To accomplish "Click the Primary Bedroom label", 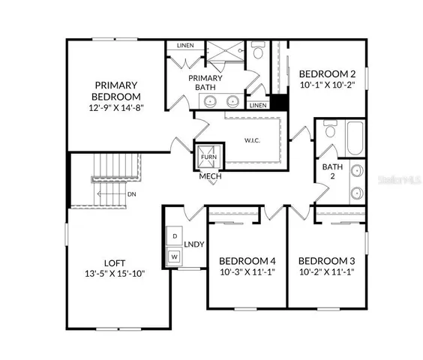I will [x=115, y=91].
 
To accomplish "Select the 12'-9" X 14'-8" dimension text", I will [x=115, y=108].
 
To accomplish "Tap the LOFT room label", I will [x=114, y=262].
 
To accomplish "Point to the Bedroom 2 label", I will [x=327, y=74].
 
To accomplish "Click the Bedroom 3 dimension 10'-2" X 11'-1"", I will [x=326, y=272].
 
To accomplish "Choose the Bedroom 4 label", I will [x=247, y=261].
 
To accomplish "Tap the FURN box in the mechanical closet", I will [x=207, y=157].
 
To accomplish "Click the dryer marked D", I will [x=175, y=236].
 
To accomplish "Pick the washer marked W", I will [x=175, y=256].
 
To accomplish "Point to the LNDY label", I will [x=194, y=244].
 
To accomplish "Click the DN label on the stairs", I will [x=131, y=194].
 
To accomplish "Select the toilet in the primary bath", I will [x=256, y=51].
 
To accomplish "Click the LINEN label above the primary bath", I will [x=185, y=46].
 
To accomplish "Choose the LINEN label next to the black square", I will [x=257, y=106].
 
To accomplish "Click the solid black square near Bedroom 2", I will [x=279, y=102].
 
